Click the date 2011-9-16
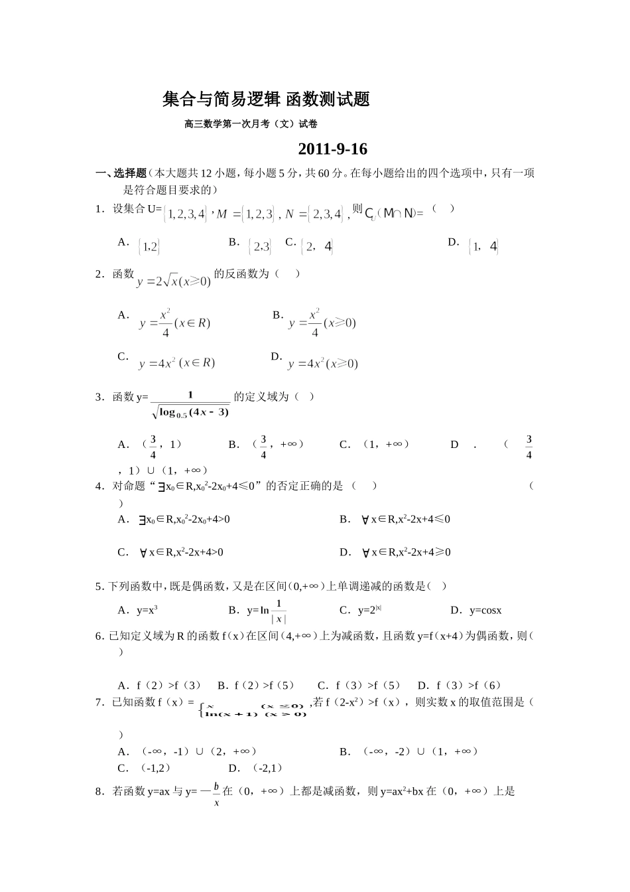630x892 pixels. [332, 149]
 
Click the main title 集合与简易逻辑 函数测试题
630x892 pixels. [266, 100]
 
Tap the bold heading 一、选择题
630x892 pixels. [121, 173]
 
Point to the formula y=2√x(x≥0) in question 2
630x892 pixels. [174, 281]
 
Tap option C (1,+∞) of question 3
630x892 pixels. [375, 444]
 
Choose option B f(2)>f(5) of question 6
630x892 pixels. [255, 685]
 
